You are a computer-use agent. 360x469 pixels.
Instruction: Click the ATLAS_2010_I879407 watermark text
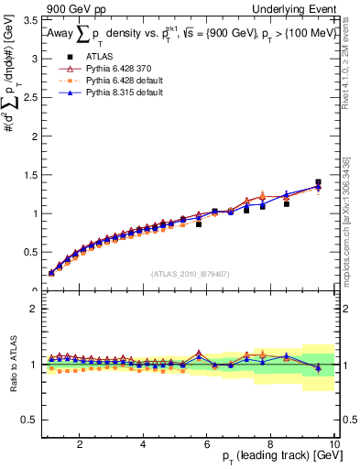[x=191, y=273]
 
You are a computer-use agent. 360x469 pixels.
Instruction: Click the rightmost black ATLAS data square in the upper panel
[x=318, y=182]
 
